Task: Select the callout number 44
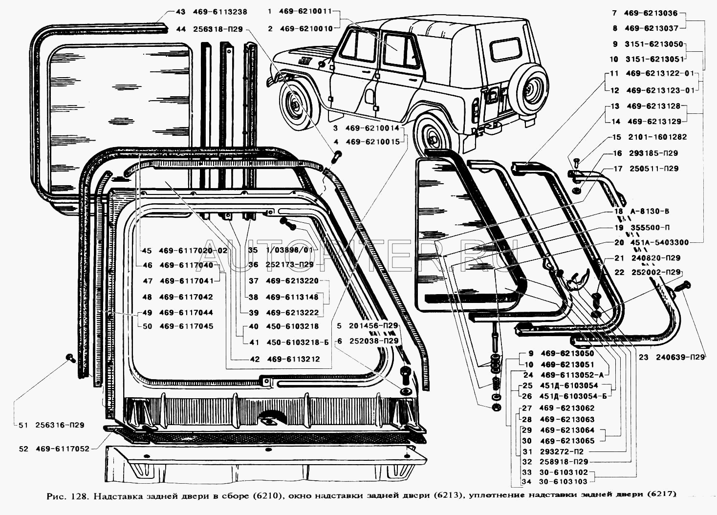(180, 29)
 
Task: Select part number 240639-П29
(680, 357)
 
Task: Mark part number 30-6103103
(563, 482)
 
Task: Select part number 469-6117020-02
(193, 250)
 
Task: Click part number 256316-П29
(60, 425)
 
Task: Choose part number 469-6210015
(372, 142)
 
